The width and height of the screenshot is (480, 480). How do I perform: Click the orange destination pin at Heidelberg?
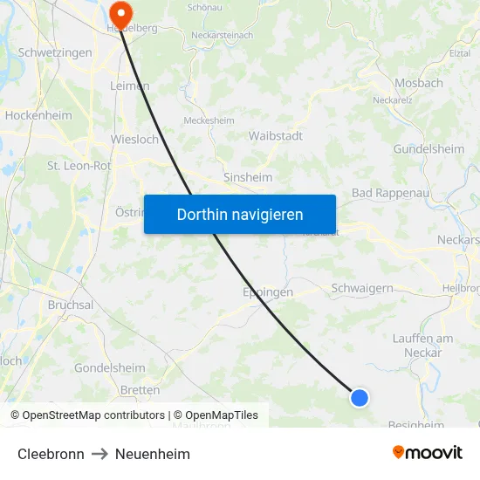(120, 12)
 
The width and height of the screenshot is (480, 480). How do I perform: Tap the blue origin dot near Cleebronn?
(359, 398)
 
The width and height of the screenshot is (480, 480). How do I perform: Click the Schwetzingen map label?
(55, 52)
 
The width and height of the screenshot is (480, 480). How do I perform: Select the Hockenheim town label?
(38, 115)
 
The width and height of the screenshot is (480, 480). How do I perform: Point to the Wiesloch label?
(134, 139)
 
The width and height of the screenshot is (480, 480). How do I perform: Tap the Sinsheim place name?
(248, 177)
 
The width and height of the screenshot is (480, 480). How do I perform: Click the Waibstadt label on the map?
(276, 136)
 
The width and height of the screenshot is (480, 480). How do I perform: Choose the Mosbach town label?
(419, 84)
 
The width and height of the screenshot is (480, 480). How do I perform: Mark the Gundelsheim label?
(429, 149)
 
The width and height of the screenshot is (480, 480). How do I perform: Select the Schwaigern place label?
(362, 288)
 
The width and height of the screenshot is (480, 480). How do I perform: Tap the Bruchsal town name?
(71, 305)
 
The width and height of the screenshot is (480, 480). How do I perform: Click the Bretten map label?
(141, 390)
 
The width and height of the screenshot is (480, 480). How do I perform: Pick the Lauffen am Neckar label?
(423, 346)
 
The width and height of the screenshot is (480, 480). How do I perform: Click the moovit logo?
(428, 453)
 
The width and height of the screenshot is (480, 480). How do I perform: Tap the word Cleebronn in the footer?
(51, 454)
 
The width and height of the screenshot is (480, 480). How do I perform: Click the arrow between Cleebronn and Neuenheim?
(99, 454)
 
